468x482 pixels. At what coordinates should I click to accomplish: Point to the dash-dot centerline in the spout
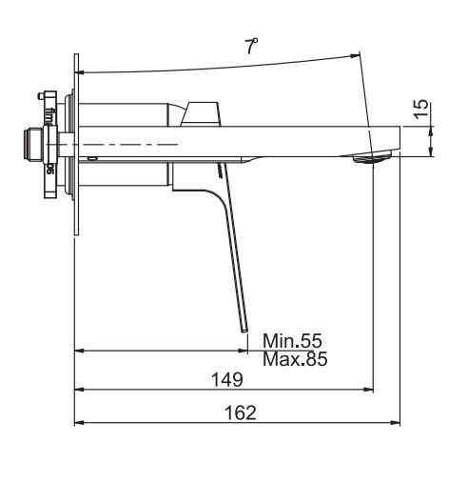(133, 144)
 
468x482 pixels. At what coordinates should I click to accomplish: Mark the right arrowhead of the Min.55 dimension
(242, 351)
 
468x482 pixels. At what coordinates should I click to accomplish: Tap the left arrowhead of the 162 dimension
(79, 422)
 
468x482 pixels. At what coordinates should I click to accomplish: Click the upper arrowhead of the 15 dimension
(431, 124)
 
